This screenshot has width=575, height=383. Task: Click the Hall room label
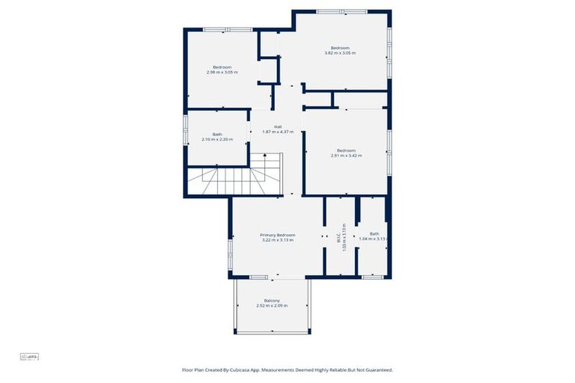[x=277, y=126]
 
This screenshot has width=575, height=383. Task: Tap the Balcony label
[x=272, y=300]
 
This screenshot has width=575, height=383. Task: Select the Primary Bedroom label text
[x=278, y=235]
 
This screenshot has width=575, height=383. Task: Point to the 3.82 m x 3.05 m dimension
[x=340, y=53]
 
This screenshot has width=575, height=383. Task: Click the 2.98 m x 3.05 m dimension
[x=222, y=73]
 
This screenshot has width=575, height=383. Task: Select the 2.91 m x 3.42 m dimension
[x=346, y=156]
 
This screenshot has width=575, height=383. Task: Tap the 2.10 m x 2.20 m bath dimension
[x=217, y=140]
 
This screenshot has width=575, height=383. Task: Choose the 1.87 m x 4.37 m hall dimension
[x=277, y=132]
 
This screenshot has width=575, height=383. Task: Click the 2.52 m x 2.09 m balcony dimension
[x=272, y=306]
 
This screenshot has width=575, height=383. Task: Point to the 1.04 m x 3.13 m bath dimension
[x=374, y=239]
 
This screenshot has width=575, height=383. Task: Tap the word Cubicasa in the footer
[x=252, y=370]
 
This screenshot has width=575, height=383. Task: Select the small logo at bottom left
[x=29, y=357]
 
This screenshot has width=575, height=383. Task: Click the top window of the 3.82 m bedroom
[x=341, y=11]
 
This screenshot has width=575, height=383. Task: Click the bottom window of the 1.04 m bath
[x=372, y=278]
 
